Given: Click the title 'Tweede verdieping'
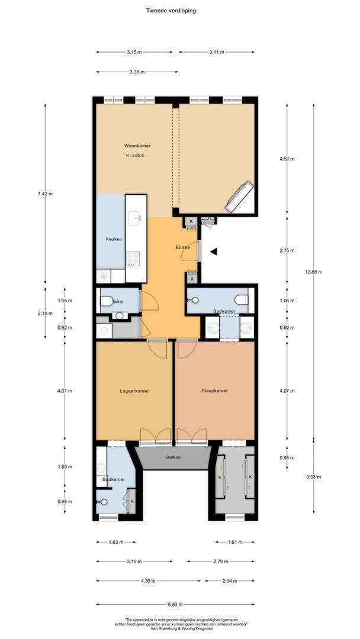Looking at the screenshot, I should tap(171, 10).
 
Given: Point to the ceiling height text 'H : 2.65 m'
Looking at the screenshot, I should tap(135, 156).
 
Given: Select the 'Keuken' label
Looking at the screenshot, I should tap(114, 239).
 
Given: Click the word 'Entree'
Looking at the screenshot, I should tap(183, 247).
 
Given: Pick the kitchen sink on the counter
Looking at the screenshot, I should tap(136, 217).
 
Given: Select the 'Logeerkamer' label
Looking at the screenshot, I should tap(134, 391).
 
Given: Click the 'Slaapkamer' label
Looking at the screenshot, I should tap(214, 390).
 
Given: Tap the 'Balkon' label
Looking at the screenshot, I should tap(173, 457).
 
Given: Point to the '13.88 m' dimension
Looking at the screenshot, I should tap(313, 272).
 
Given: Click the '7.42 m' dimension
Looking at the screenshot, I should tap(45, 193).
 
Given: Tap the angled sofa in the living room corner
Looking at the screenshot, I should tap(239, 197).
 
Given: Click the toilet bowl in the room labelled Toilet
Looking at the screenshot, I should tap(107, 302).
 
